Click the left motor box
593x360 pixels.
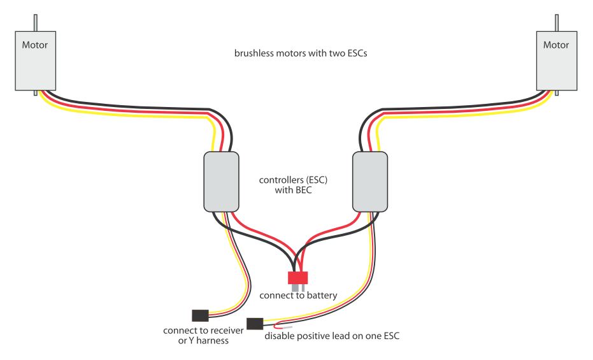coord(36,61)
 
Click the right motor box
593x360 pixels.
coord(557,61)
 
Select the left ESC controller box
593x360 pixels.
coord(221,182)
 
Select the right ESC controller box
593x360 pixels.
coord(370,182)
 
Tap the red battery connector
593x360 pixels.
coord(297,278)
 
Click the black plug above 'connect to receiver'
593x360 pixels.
coord(200,315)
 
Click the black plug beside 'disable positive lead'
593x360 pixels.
coord(255,324)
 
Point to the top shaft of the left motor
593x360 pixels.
coord(36,23)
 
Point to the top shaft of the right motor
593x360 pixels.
coord(557,23)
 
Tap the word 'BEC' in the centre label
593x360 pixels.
coord(303,190)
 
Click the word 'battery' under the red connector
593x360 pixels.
coord(322,296)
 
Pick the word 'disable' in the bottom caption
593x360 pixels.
coord(279,336)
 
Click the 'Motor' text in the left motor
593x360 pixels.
coord(35,45)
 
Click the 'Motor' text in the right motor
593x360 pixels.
coord(556,45)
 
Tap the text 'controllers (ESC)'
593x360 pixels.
coord(293,180)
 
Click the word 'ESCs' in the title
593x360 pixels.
coord(356,54)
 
